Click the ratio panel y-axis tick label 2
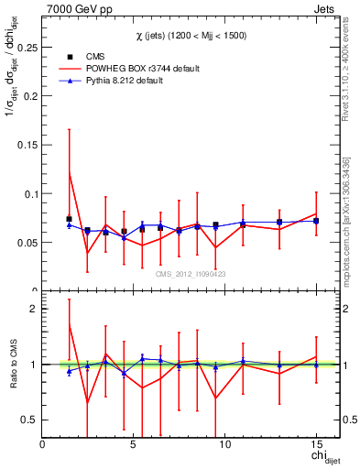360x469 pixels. click(x=35, y=309)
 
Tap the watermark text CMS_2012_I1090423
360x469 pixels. click(x=191, y=273)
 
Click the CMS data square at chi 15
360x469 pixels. click(x=316, y=221)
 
